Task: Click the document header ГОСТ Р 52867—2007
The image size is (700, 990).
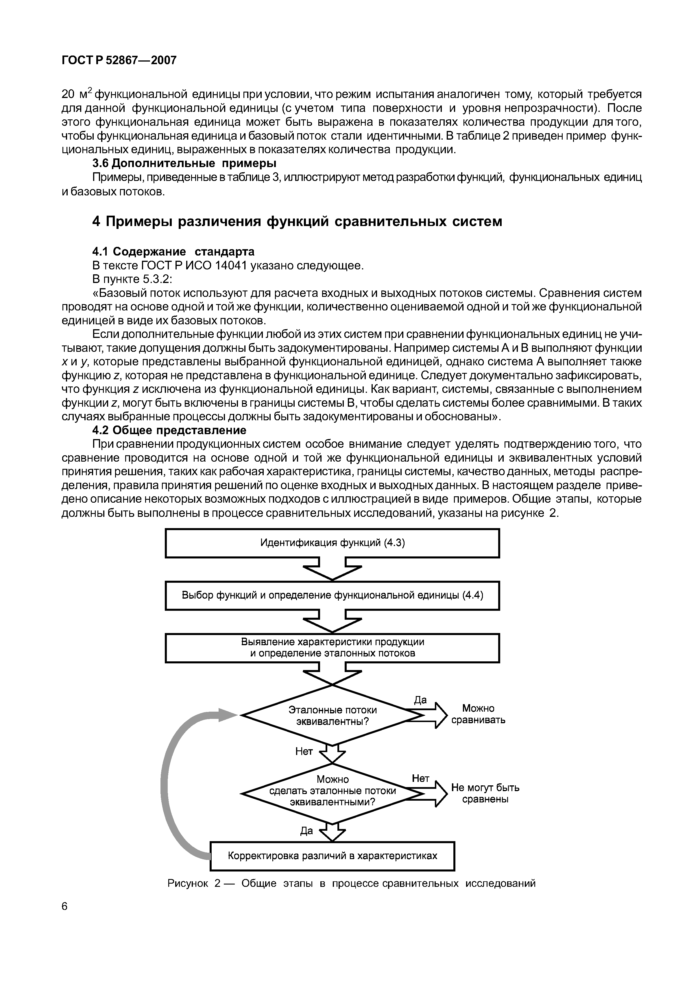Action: [119, 60]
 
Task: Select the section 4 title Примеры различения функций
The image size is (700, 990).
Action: [297, 221]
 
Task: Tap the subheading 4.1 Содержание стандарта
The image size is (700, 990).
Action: [173, 251]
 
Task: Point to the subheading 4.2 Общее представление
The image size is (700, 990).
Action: [169, 430]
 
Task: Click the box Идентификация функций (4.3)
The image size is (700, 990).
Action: [332, 543]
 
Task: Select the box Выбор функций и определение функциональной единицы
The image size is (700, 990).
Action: [332, 595]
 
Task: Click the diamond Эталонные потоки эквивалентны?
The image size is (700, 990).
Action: [332, 715]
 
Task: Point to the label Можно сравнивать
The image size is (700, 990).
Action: [478, 714]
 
